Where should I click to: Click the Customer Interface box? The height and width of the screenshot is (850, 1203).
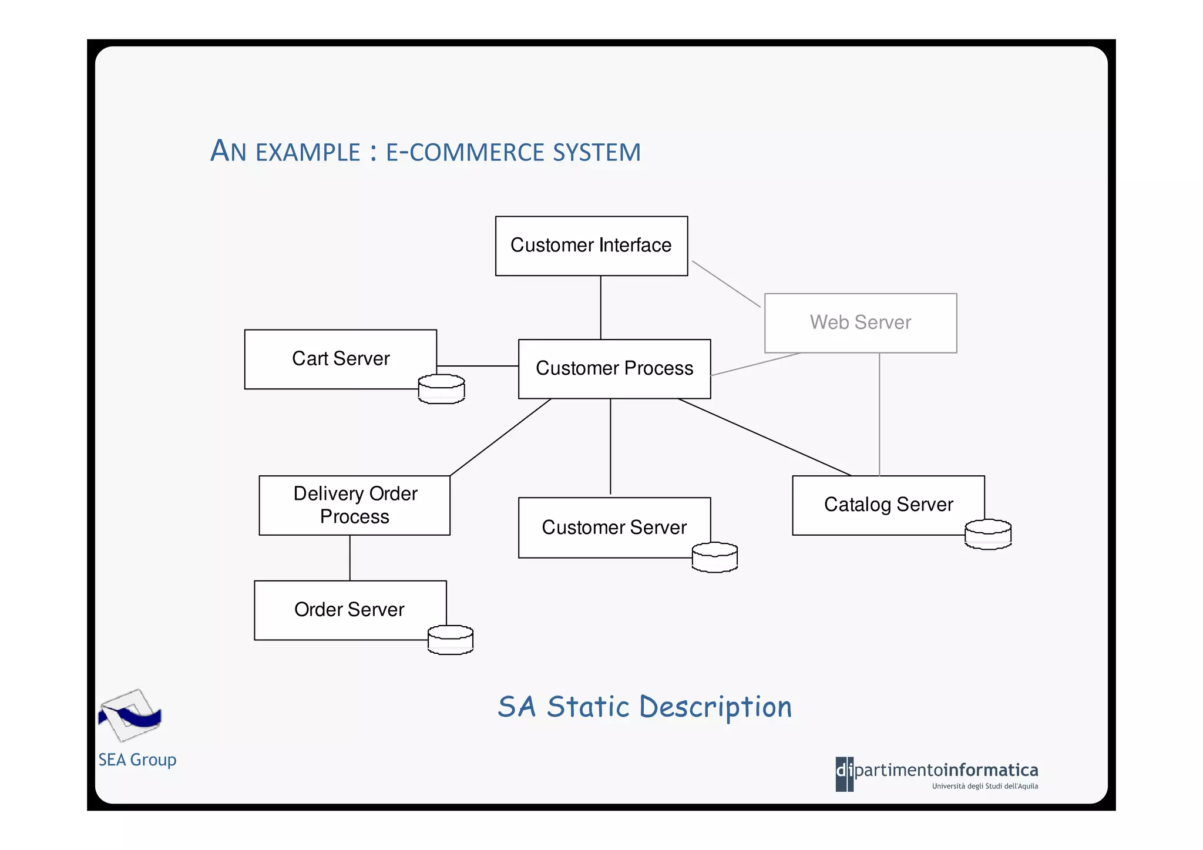point(591,246)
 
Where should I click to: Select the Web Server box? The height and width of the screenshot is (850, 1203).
point(860,322)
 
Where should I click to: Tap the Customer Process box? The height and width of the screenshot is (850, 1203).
point(614,369)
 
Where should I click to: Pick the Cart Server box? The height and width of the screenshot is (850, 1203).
point(340,359)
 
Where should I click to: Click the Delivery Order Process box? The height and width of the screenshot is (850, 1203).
point(354,505)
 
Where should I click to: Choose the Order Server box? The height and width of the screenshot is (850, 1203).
point(350,610)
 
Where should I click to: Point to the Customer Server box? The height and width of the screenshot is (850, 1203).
point(614,528)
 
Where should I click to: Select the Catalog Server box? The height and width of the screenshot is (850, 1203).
point(888,505)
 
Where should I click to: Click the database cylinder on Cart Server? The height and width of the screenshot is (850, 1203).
point(441,389)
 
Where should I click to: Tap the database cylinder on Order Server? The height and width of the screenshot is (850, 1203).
point(451,640)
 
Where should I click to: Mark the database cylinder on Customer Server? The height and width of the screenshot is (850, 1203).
point(714,557)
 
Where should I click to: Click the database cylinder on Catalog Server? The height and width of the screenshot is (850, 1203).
point(987,534)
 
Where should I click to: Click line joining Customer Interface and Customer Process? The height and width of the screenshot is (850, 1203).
point(600,307)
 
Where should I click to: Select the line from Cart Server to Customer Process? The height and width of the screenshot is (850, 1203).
point(477,366)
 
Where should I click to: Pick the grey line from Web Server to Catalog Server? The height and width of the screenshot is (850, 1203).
point(879,414)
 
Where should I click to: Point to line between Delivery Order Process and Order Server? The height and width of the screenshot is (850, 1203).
point(350,557)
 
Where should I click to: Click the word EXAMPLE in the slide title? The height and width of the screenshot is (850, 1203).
point(308,153)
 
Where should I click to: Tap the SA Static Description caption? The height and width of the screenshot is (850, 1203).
point(644,707)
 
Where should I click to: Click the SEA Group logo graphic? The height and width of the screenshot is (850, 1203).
point(130,715)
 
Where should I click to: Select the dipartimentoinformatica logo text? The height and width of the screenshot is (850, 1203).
point(946,770)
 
